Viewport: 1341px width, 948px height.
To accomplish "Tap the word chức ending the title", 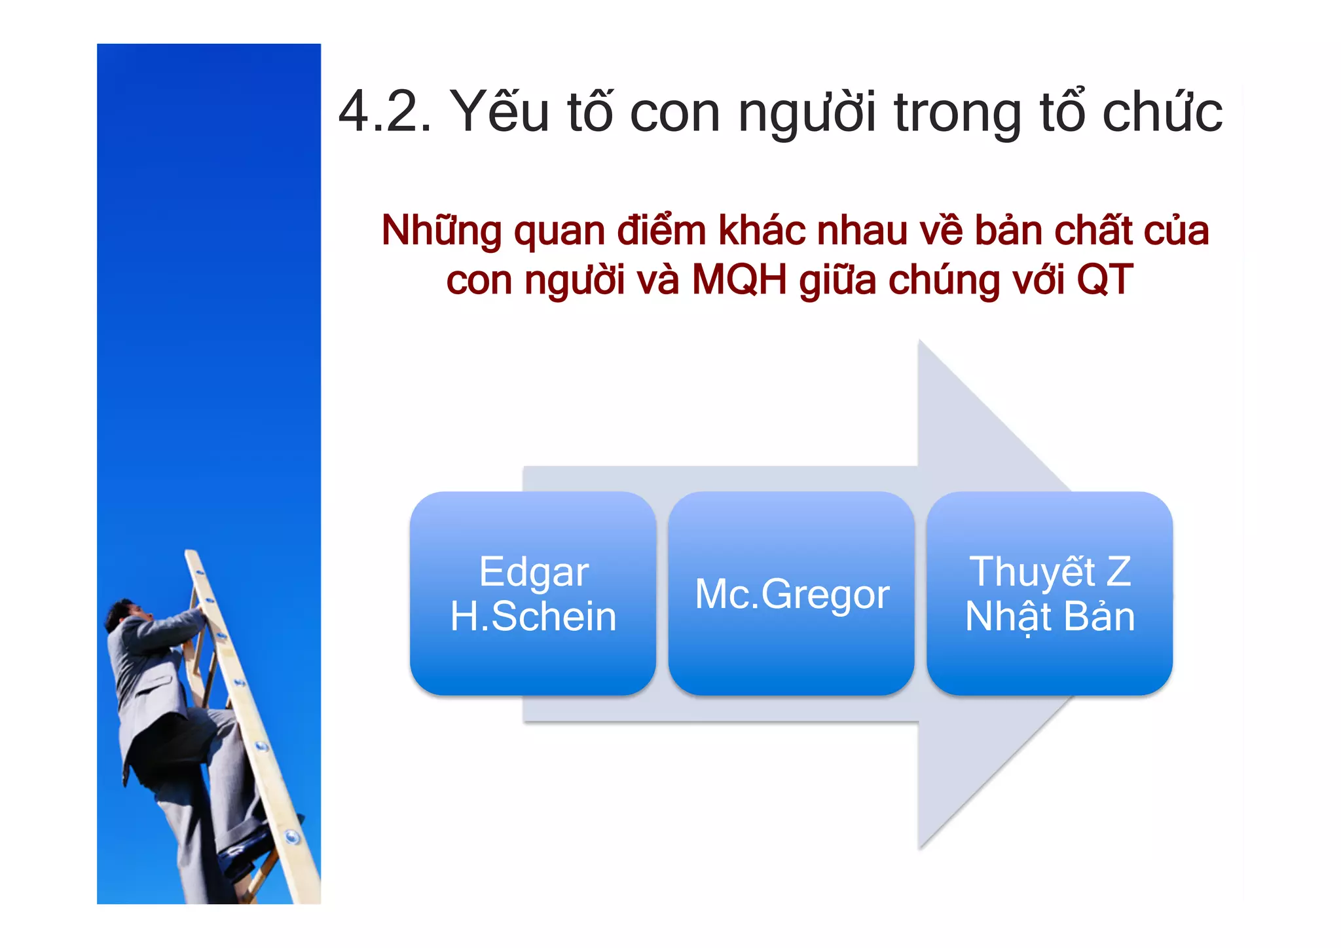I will [x=1162, y=113].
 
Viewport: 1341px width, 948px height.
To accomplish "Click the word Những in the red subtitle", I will [x=441, y=232].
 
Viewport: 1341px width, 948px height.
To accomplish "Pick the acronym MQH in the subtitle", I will [x=739, y=280].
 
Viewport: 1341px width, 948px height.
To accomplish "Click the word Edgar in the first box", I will [x=534, y=573].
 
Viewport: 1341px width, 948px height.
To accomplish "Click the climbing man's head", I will [x=124, y=613].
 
